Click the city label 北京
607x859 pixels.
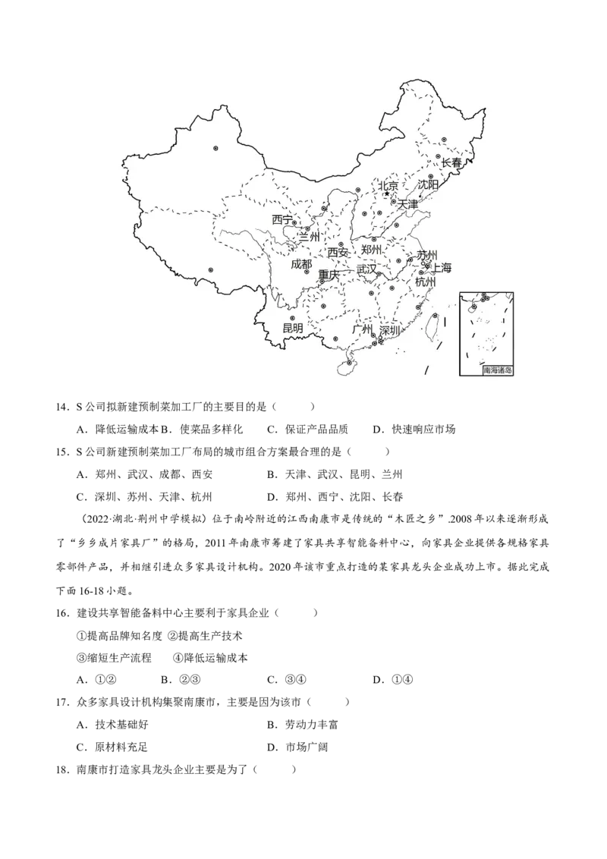pos(388,185)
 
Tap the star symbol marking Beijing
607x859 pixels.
pos(386,194)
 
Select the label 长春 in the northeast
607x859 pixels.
pos(451,163)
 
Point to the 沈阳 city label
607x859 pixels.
pos(428,185)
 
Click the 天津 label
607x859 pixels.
pos(407,204)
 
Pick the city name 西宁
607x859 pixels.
pos(282,219)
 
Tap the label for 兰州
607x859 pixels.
pos(309,237)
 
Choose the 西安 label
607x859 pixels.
pos(338,253)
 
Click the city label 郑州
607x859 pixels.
pos(372,250)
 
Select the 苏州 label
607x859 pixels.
pos(427,255)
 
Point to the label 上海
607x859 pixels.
pos(441,268)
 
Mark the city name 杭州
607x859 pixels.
pos(426,282)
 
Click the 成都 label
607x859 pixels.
pos(301,265)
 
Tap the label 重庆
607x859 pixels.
pos(329,275)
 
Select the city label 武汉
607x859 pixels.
pos(366,269)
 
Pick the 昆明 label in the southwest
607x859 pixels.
pos(292,329)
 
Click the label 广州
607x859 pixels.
pos(363,330)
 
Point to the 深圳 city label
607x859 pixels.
pos(389,331)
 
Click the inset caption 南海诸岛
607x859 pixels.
pos(497,371)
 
